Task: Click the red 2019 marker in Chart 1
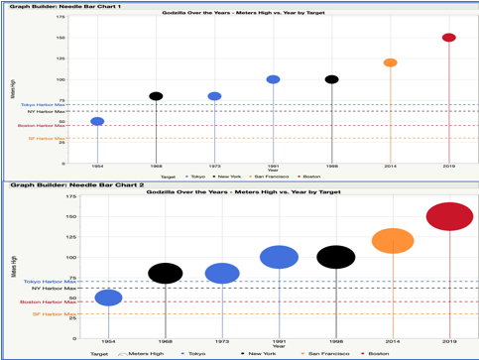tap(448, 38)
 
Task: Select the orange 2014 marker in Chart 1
tap(390, 62)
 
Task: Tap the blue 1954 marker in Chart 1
tap(97, 122)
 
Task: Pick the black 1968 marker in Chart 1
tap(156, 96)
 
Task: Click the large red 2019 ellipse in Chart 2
tap(449, 216)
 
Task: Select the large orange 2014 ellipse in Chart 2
tap(393, 240)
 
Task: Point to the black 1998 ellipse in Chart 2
tap(336, 257)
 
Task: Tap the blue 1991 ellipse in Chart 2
tap(279, 257)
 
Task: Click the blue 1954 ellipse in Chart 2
tap(108, 298)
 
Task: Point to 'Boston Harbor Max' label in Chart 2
tap(46, 301)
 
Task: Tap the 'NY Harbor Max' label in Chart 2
tap(52, 289)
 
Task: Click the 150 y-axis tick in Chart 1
tap(62, 38)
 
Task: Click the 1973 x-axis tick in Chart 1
tap(214, 167)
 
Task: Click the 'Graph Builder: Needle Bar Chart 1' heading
tap(65, 6)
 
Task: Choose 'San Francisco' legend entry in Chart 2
tap(324, 353)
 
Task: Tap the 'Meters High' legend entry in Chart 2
tap(145, 353)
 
